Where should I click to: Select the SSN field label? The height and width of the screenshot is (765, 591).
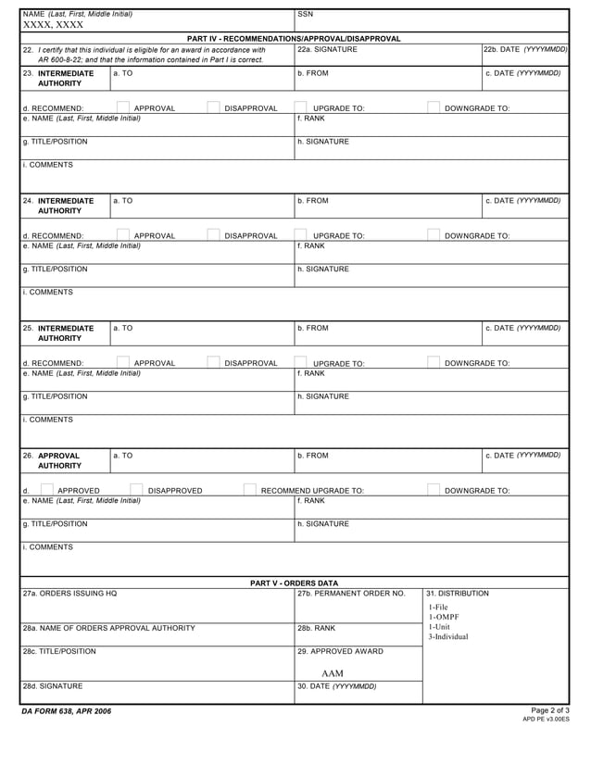coord(307,15)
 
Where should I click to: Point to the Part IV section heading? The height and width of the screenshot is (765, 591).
coord(294,39)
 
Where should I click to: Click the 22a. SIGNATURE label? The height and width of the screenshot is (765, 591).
coord(327,49)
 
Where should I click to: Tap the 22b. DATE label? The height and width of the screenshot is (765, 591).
coord(525,49)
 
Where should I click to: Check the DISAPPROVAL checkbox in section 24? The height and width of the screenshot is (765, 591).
coord(214,234)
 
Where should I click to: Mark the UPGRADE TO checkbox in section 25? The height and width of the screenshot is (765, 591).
coord(301,362)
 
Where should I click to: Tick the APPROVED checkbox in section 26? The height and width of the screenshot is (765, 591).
coord(47,490)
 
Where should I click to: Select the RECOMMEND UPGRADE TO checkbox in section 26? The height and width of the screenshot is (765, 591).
coord(249,490)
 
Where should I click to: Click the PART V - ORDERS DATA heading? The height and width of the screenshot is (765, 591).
coord(294,583)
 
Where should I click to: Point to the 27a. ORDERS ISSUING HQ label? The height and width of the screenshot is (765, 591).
coord(70,594)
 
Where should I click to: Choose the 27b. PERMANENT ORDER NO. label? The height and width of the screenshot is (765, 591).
coord(351,594)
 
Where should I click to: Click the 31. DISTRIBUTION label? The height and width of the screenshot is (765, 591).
coord(458,594)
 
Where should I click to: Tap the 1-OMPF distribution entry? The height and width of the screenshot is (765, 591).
coord(444,617)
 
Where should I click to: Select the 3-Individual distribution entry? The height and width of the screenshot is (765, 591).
coord(448,637)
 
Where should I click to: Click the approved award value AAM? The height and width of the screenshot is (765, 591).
coord(333,673)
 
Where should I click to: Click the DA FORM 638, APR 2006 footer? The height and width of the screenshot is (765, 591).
coord(67,711)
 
